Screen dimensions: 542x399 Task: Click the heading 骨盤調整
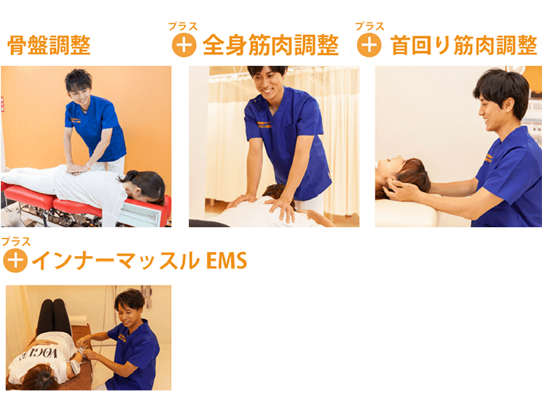49,45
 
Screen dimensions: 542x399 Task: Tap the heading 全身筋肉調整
271,45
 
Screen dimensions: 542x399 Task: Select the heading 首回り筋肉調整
463,45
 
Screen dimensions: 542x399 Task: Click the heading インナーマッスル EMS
140,261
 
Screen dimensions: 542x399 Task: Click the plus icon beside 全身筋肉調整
184,45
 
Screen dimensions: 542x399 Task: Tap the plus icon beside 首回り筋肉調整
369,45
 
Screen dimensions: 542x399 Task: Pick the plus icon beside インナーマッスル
16,261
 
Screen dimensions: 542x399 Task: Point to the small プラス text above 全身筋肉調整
183,26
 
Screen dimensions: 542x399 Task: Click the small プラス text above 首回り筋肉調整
369,26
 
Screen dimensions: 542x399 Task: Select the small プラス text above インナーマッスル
16,241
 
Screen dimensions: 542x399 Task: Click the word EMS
226,261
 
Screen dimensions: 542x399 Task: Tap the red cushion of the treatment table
31,197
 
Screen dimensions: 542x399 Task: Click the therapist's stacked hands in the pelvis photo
78,169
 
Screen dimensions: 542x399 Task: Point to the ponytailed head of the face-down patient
145,187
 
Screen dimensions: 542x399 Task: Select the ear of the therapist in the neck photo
508,105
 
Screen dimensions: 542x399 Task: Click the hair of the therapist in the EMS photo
130,299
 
